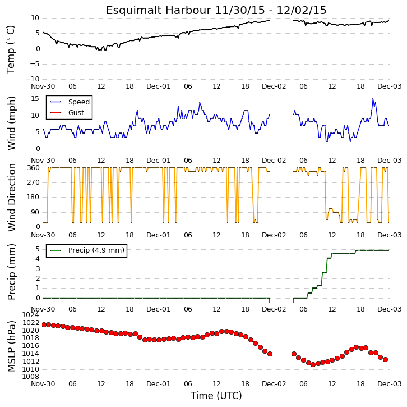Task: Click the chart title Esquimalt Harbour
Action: (x=159, y=11)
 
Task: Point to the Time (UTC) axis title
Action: (x=216, y=396)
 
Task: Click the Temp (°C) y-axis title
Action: (x=11, y=49)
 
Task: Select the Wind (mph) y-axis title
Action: (x=11, y=123)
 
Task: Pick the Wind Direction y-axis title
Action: (x=11, y=198)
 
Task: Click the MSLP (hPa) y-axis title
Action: (x=11, y=346)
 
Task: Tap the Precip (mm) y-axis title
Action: (x=11, y=272)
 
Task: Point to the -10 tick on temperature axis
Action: (x=32, y=79)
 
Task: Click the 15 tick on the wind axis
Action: (x=35, y=99)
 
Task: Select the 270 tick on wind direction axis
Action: (x=34, y=182)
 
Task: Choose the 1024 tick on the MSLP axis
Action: (x=30, y=315)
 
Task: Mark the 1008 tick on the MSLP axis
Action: (x=30, y=377)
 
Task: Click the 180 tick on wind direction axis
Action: (x=34, y=197)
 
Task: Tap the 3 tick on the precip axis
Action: (x=38, y=269)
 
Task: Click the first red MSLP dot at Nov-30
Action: (x=44, y=324)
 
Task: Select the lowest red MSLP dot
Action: (x=313, y=365)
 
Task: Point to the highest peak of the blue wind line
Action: (x=373, y=99)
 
